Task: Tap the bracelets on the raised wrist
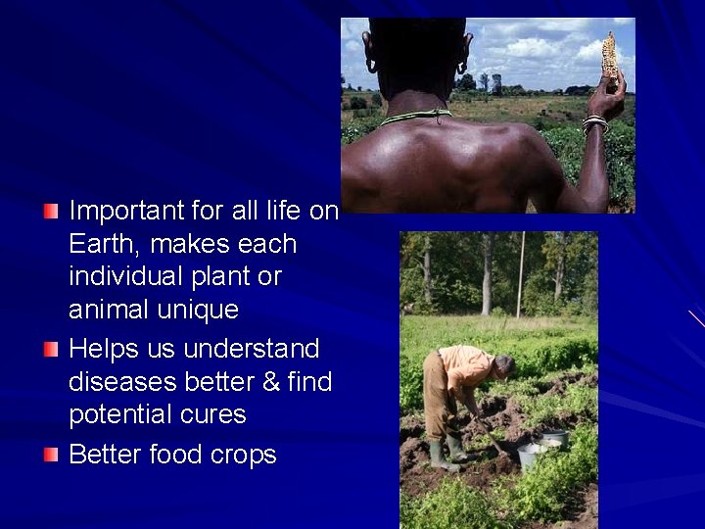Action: (594, 124)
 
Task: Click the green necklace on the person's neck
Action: (415, 118)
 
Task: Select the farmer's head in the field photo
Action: (503, 366)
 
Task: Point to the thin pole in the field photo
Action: (520, 274)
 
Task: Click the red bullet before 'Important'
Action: (51, 211)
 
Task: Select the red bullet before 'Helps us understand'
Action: (51, 349)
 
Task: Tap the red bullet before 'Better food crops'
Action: (51, 455)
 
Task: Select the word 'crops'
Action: (241, 456)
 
